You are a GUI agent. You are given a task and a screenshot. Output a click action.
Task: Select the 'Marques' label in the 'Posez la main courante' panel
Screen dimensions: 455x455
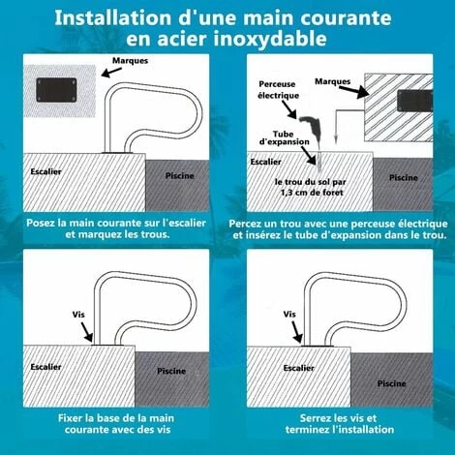click(x=131, y=60)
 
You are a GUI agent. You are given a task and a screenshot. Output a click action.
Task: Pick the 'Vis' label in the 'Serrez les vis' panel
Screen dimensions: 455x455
click(x=289, y=315)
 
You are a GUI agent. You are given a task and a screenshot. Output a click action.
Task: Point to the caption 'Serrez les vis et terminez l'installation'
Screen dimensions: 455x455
click(x=339, y=422)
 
